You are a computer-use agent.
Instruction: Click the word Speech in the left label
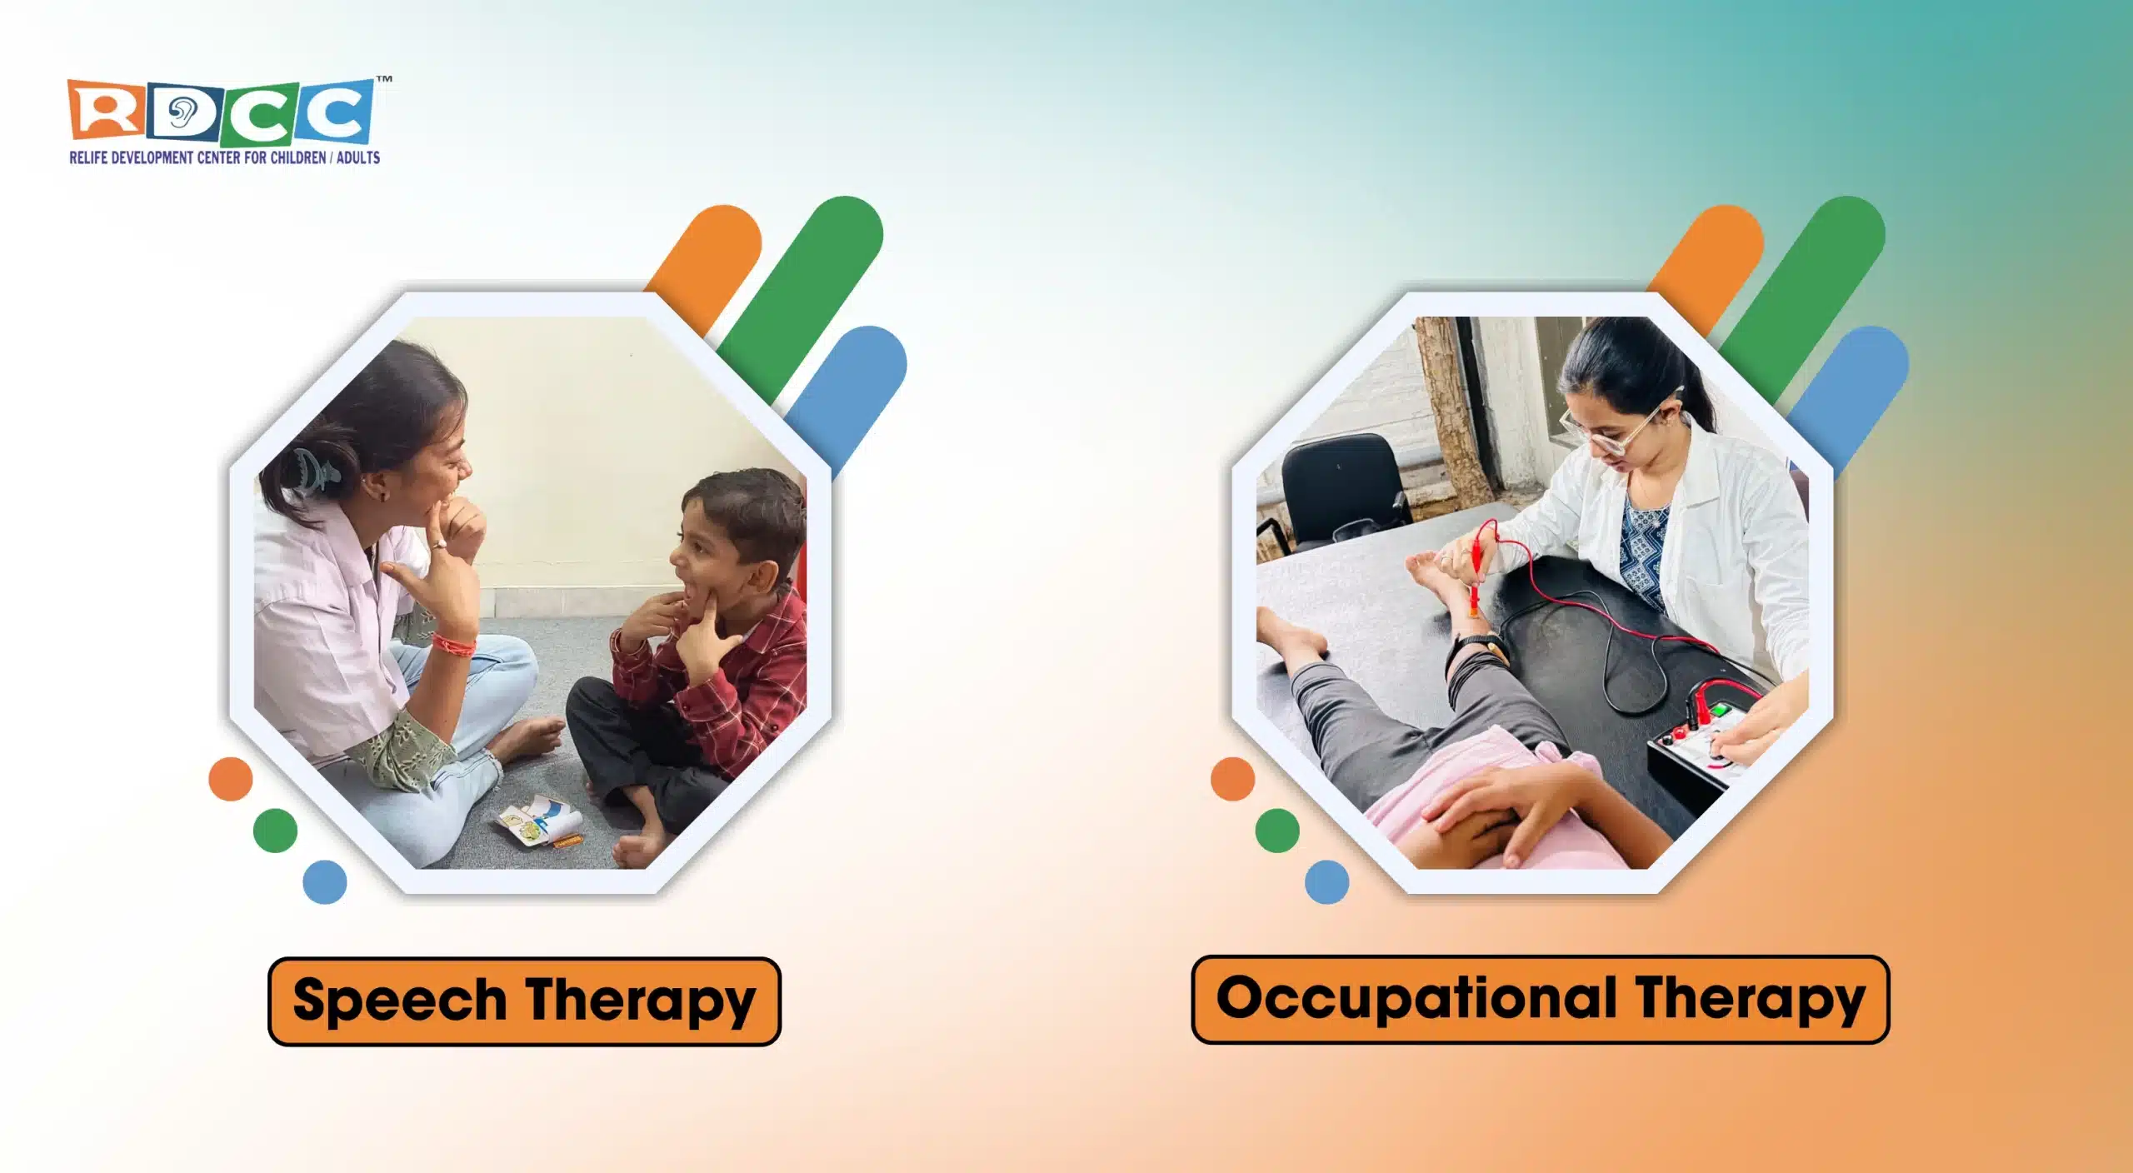coord(400,1001)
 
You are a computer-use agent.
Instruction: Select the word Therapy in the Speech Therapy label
coord(642,1002)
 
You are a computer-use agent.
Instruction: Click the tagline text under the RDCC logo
coord(224,157)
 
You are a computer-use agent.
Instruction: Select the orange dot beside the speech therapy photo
coord(231,779)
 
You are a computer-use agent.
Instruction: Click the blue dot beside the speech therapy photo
coord(325,881)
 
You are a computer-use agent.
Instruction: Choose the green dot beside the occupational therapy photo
coord(1277,830)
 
